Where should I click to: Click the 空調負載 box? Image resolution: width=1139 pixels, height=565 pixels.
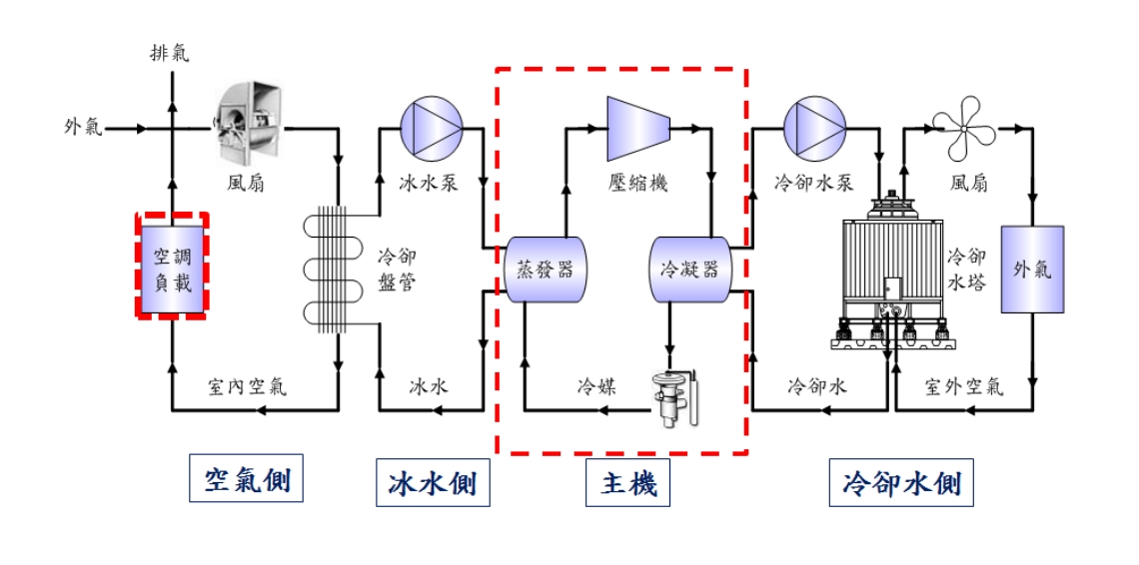pos(172,267)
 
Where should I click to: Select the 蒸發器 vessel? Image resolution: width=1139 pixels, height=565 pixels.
pos(545,269)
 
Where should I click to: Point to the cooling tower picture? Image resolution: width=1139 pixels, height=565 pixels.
pos(888,270)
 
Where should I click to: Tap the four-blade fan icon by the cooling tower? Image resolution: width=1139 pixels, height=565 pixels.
pos(964,128)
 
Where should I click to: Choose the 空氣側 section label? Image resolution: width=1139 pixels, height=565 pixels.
pos(247,481)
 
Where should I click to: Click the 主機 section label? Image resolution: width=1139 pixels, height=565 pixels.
pos(627,485)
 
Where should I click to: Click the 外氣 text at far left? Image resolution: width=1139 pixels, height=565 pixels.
pos(83,128)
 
